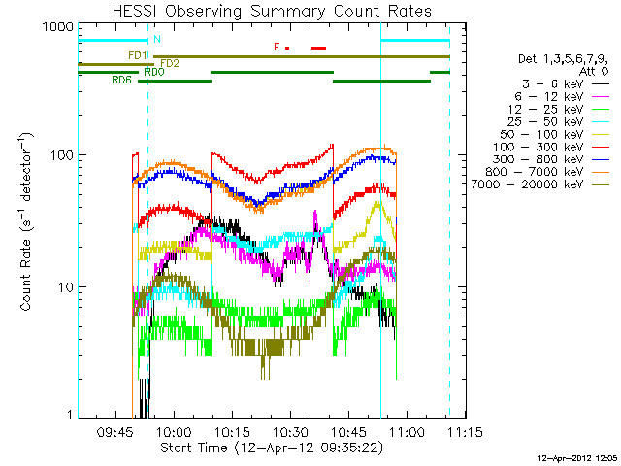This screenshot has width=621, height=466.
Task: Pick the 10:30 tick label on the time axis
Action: pos(290,432)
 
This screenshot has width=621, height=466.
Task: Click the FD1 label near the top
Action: pos(137,55)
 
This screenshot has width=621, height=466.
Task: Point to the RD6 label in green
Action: pos(122,80)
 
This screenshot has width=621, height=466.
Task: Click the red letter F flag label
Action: pos(277,47)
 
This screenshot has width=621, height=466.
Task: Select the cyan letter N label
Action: pos(157,39)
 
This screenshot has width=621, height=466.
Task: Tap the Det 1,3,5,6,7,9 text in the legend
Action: pos(564,59)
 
